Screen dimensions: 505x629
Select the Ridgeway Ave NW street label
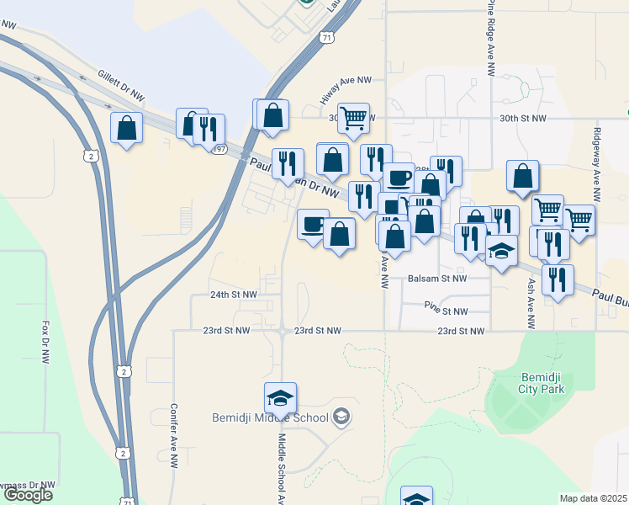click(x=596, y=164)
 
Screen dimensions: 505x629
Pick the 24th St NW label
click(x=233, y=295)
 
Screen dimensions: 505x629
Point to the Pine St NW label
click(x=446, y=311)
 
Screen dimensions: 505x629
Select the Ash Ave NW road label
click(x=531, y=304)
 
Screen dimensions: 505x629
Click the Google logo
click(x=27, y=495)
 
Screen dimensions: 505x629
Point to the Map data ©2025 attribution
click(x=594, y=498)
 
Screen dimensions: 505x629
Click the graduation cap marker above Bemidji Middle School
click(x=280, y=397)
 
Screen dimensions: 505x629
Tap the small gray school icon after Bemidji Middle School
click(x=341, y=416)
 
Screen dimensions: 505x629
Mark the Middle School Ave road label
click(x=283, y=468)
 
